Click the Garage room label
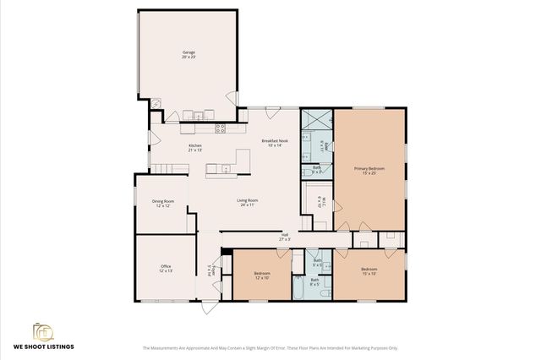[189, 54]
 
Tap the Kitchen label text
[195, 147]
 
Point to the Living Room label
[247, 203]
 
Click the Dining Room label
[162, 203]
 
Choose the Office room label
[166, 269]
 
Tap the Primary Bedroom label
[369, 171]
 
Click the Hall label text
[284, 237]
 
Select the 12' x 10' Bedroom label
[262, 275]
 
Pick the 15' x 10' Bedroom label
[369, 271]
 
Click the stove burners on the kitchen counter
[220, 128]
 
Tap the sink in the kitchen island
[225, 169]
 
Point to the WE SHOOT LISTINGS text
[43, 347]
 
